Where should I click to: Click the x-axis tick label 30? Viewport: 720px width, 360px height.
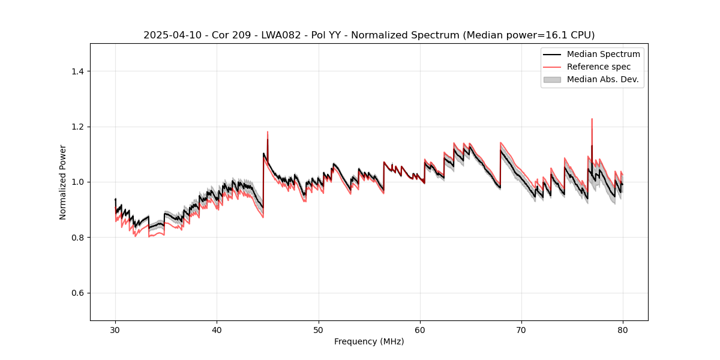(x=115, y=329)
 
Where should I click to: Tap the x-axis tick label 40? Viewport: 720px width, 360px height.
(x=217, y=329)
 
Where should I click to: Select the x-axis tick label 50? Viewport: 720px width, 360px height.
(x=318, y=329)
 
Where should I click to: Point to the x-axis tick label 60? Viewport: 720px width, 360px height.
(x=420, y=329)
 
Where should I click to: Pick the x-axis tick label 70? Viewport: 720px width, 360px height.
(x=521, y=329)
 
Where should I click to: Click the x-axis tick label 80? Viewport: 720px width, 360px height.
(x=623, y=329)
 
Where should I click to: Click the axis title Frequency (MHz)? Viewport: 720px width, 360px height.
(x=369, y=341)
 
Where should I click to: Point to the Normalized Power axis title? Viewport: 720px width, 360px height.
(x=62, y=182)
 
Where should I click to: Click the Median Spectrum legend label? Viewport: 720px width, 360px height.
(x=603, y=54)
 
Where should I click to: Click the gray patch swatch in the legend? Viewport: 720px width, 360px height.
(x=551, y=79)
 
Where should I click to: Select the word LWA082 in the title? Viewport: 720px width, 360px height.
(x=262, y=35)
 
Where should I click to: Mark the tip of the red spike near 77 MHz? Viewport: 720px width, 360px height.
(x=592, y=119)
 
